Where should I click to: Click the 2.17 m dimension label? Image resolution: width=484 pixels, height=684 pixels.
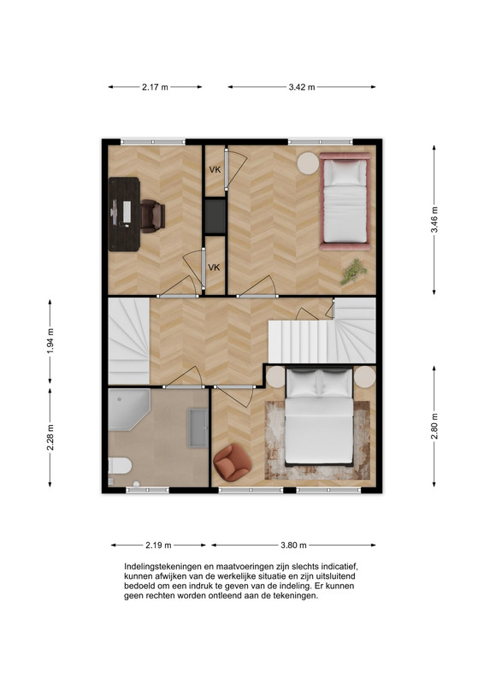click(x=155, y=87)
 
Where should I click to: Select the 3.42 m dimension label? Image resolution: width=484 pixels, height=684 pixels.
click(x=302, y=87)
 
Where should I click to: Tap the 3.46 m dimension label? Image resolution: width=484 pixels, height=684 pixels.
click(x=434, y=220)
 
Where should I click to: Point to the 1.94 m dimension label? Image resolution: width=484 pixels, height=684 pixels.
click(x=50, y=340)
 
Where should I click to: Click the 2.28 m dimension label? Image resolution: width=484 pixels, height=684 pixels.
click(x=50, y=437)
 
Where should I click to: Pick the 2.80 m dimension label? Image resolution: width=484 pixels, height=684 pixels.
click(x=434, y=426)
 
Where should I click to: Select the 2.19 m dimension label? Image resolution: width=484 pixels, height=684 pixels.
click(x=158, y=545)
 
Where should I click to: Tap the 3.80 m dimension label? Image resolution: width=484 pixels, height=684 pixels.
click(x=293, y=545)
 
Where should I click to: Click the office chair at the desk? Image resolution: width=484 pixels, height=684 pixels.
click(x=153, y=216)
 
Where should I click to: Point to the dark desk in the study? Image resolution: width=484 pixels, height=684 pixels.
click(x=124, y=215)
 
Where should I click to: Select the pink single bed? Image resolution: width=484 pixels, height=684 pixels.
click(x=345, y=201)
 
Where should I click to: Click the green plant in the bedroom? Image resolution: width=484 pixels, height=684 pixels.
click(x=353, y=271)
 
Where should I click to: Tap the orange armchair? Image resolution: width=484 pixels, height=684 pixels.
click(x=233, y=463)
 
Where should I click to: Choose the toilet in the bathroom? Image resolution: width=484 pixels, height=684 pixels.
click(x=120, y=466)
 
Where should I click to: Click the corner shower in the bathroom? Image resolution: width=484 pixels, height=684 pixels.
click(x=129, y=410)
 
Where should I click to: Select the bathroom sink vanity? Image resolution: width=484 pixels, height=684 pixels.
click(x=198, y=428)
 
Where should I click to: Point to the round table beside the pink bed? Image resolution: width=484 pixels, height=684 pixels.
click(x=309, y=163)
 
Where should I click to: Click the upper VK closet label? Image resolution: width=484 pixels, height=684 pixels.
click(x=215, y=169)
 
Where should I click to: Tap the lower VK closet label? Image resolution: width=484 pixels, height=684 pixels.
click(x=214, y=268)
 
